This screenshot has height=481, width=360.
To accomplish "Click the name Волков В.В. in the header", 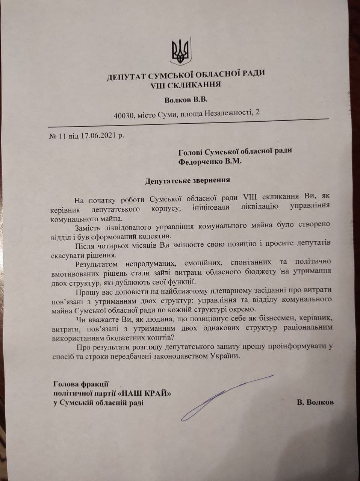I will point(186,100).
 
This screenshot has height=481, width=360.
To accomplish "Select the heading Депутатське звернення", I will point(188,180).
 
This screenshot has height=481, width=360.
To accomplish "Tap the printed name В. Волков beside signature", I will point(315,402).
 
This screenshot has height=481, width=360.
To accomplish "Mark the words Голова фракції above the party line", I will point(81,384).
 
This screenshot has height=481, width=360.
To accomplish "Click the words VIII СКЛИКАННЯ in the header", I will point(185,84).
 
